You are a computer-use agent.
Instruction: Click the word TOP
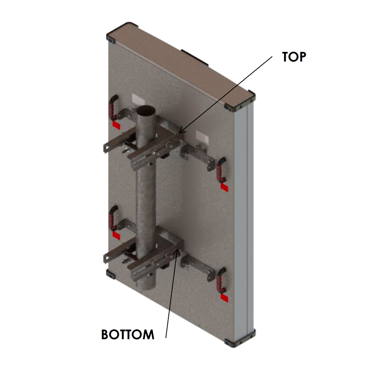[294, 57]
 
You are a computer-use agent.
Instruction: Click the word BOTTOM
[128, 334]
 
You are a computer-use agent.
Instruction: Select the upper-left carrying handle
[113, 107]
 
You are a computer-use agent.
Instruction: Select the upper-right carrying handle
[222, 170]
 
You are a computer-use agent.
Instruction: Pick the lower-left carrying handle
[113, 218]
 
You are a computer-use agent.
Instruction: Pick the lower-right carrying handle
[222, 280]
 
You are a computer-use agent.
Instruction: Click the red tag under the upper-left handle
[117, 125]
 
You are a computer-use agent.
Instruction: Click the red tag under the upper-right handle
[224, 188]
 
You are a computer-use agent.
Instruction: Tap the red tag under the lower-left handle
[117, 236]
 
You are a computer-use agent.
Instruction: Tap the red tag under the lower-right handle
[224, 298]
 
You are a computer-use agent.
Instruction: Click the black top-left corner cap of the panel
[111, 39]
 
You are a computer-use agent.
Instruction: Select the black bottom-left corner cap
[111, 274]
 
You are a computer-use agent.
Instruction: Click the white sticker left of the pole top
[138, 99]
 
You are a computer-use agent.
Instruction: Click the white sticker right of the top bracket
[203, 137]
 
